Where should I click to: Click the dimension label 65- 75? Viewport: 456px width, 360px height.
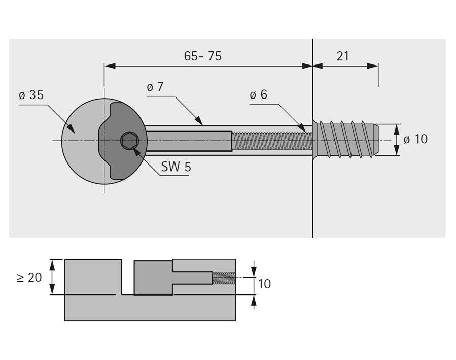(202, 56)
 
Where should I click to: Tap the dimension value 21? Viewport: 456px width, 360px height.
(343, 56)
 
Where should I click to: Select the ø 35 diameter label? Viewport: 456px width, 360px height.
(31, 95)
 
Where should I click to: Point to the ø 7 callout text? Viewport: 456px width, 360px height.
(155, 87)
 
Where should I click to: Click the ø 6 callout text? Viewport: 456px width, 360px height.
(258, 94)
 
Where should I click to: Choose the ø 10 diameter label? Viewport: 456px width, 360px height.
(415, 139)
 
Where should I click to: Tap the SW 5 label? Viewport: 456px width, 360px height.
(176, 167)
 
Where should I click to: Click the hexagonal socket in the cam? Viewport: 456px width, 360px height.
(129, 141)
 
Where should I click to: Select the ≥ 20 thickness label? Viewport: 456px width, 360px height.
(29, 278)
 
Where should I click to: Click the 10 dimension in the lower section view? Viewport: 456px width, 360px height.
(264, 284)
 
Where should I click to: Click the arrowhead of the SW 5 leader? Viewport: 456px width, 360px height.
(135, 148)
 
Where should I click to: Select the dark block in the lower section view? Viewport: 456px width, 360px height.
(152, 278)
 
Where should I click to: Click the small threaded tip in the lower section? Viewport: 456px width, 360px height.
(223, 278)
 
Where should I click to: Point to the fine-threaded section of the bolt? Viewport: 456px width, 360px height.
(271, 141)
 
